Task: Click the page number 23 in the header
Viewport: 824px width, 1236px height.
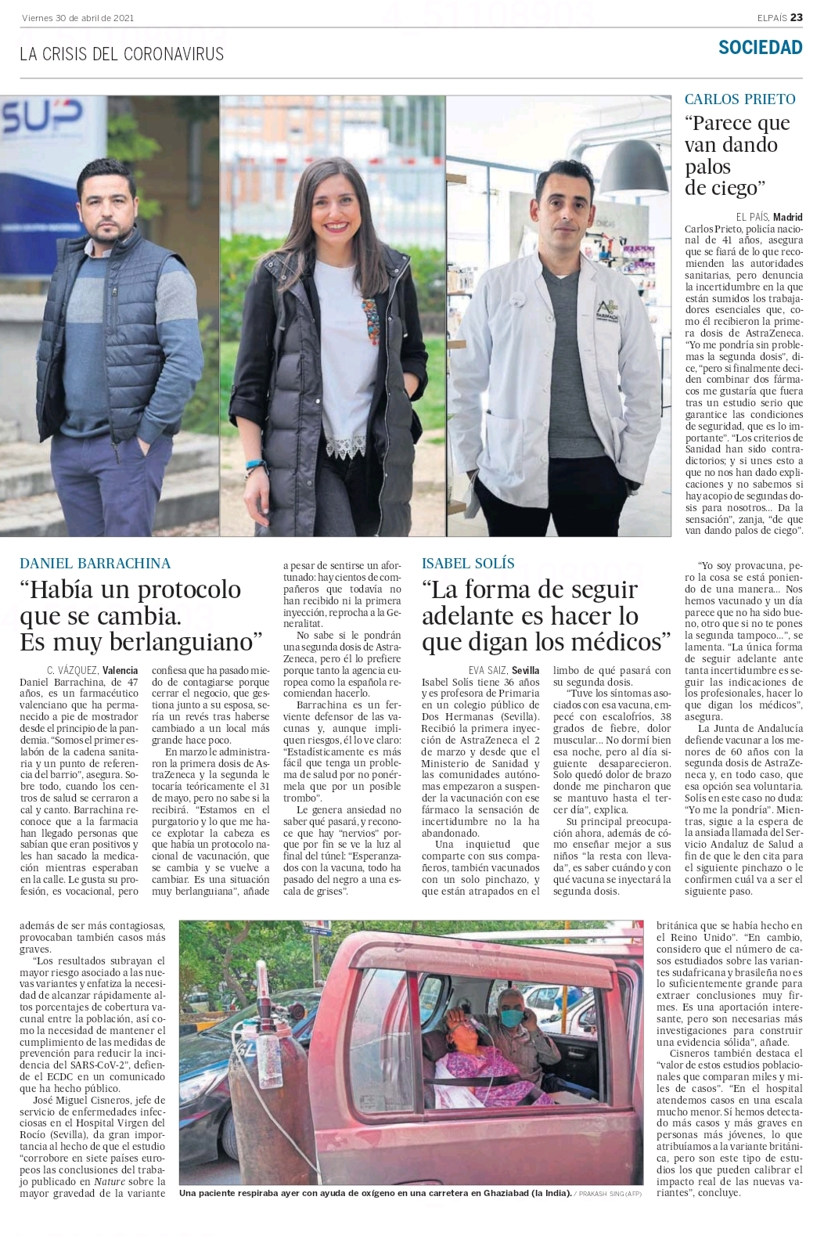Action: point(796,18)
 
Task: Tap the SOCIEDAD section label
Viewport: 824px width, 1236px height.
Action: point(760,48)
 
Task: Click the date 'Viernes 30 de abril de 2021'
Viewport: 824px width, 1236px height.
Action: point(77,18)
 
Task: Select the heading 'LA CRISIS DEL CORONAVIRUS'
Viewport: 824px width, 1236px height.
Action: point(122,54)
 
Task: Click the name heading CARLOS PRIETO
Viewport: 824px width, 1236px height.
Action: point(739,99)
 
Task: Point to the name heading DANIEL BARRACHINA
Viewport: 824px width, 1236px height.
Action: point(95,564)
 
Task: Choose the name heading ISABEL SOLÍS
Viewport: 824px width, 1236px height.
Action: point(468,564)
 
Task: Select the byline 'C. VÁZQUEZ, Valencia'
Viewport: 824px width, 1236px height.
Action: point(92,670)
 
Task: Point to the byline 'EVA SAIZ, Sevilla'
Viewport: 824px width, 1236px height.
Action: point(503,670)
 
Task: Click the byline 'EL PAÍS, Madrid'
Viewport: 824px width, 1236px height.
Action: point(768,217)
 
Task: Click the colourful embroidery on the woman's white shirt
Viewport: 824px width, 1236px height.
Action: point(369,319)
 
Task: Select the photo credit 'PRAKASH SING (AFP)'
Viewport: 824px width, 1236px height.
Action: point(607,1195)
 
